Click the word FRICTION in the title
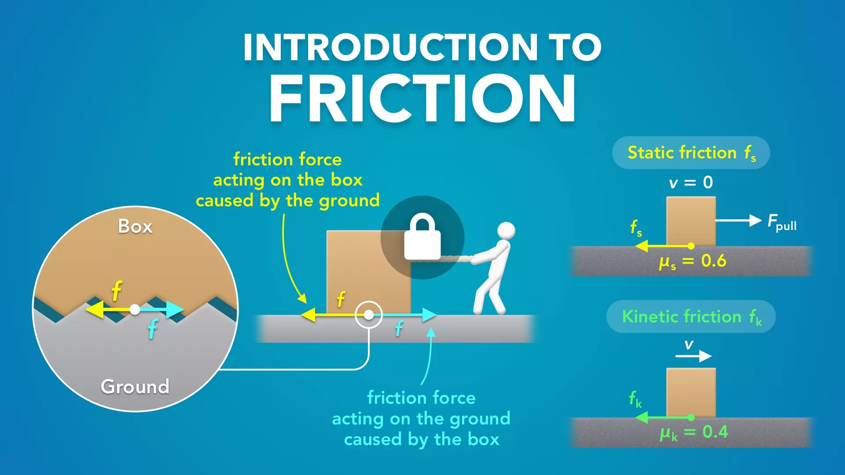pos(422,98)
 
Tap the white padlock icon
pos(422,238)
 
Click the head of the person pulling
pos(506,230)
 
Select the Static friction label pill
pos(691,153)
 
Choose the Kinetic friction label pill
pos(691,317)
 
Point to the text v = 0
pos(691,182)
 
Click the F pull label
pos(782,222)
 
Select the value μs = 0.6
pos(692,261)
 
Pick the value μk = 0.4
pos(694,432)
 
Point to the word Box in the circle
pos(135,227)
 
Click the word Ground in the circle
pos(135,387)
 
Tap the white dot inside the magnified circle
pos(135,310)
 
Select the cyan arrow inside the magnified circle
pos(163,310)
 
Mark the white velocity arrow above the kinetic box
pos(693,356)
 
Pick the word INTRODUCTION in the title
pos(389,47)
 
